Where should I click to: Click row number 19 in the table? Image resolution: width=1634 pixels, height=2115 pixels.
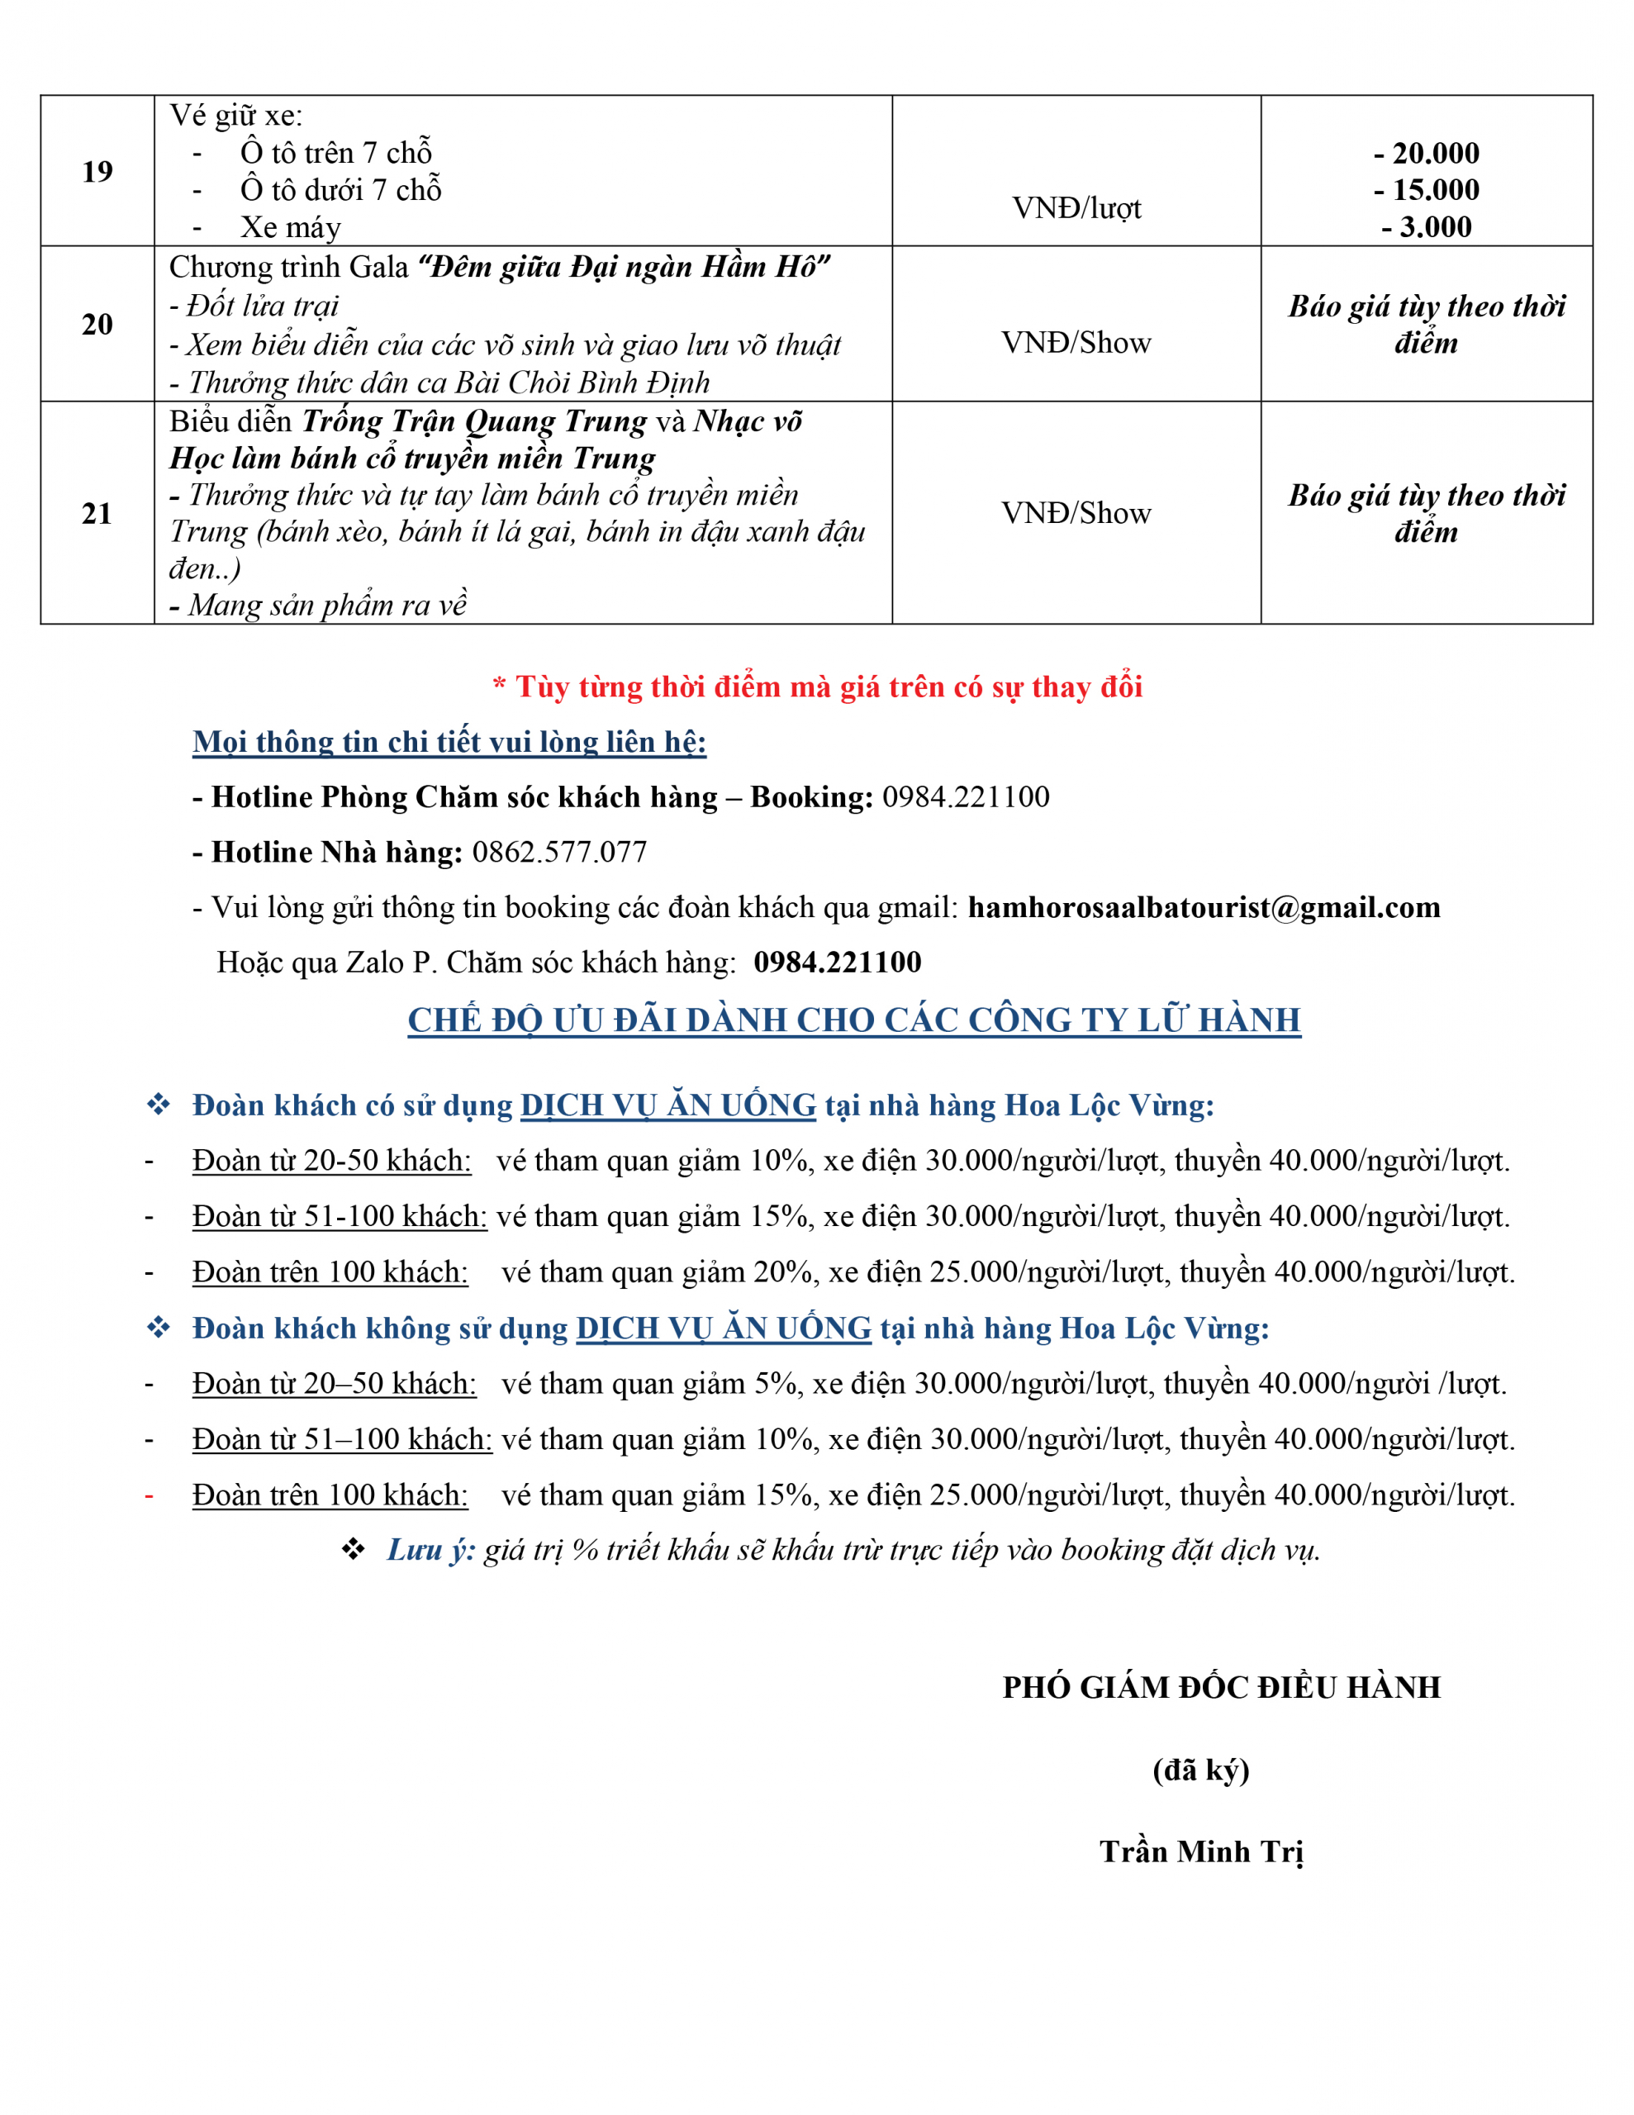97,171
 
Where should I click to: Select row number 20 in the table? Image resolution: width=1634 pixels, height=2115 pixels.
97,325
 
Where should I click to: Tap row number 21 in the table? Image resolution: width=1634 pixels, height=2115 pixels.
97,513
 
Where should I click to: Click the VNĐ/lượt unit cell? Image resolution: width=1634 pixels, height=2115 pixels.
1076,208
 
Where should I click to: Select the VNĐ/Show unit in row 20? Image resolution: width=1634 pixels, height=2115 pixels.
1076,343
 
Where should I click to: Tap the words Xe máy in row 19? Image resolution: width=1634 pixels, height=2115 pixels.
291,227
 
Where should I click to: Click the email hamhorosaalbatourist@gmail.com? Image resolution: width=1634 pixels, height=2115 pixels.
1204,907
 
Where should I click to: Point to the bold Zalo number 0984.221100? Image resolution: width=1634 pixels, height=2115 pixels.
838,962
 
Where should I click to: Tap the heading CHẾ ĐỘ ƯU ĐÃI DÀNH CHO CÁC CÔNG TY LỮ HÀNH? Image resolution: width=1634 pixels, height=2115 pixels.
853,1019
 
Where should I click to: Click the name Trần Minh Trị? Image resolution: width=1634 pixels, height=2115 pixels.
1201,1851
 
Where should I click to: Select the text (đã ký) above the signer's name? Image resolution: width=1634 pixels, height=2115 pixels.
1201,1770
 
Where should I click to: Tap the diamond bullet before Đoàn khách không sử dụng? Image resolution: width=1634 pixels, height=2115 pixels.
159,1328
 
